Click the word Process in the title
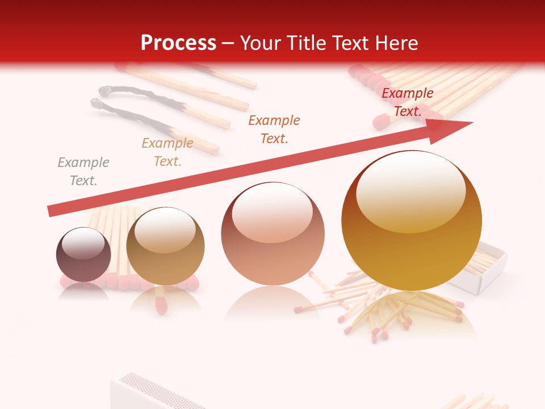[x=178, y=43]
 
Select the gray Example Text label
[x=83, y=172]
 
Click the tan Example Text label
[x=167, y=152]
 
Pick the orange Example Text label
[x=274, y=130]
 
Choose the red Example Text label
[x=407, y=102]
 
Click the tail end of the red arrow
[x=52, y=211]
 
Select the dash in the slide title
[x=228, y=43]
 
